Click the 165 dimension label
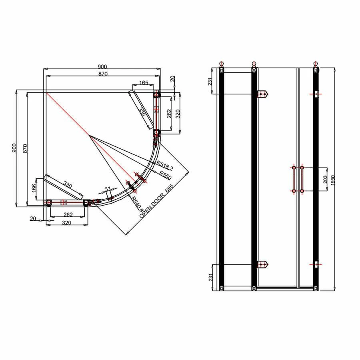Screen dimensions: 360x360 pos(144,83)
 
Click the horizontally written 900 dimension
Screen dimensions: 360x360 pos(102,67)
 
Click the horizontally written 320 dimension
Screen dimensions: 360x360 pos(67,223)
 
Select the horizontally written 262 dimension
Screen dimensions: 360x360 pos(67,214)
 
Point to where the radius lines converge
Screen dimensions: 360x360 pos(89,136)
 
